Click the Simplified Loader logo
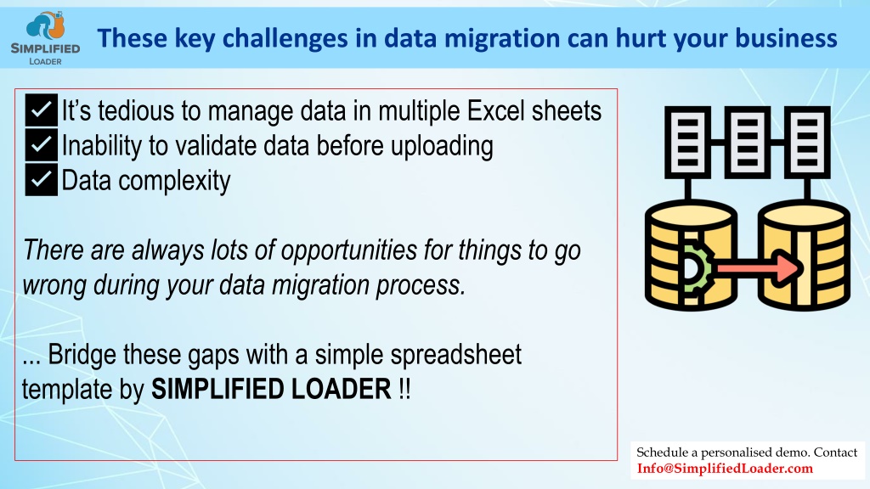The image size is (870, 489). pos(46,38)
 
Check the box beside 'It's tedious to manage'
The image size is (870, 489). pos(41,110)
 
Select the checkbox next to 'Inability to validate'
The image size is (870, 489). pos(41,144)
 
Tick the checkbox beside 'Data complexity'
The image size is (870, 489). pos(41,180)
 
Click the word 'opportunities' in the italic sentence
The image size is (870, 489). pos(349,250)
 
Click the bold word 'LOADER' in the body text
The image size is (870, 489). pos(342,389)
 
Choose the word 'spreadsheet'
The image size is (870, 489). pos(456,355)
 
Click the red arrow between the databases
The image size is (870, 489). pos(758,268)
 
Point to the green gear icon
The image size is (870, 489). pos(695,269)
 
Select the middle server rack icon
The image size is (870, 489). pos(748,142)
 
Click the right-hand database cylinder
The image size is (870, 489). pos(804,255)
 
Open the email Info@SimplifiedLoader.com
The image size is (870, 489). pos(725,469)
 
